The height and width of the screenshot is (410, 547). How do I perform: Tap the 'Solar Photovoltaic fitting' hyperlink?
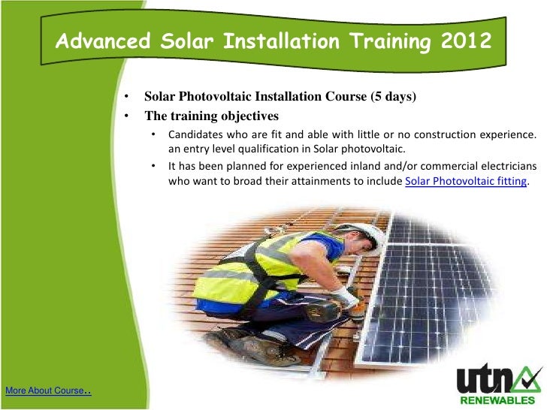[x=466, y=182]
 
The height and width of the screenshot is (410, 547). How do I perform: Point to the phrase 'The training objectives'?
[x=211, y=116]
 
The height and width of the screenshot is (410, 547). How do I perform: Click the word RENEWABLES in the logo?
[x=499, y=399]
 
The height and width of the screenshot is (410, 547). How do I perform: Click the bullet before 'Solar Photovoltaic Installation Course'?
[x=128, y=98]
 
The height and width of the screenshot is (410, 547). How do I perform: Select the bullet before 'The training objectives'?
[x=128, y=116]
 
